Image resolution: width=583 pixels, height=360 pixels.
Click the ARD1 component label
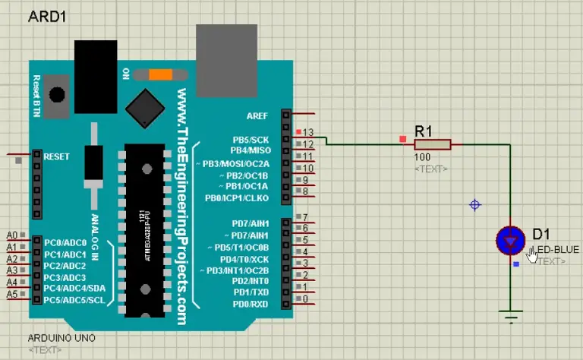(45, 17)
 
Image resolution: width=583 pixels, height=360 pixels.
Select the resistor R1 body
(432, 144)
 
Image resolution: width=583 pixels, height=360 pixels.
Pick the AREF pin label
(257, 116)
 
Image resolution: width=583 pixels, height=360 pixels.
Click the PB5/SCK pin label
(251, 140)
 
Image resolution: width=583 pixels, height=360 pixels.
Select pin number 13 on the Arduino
(308, 132)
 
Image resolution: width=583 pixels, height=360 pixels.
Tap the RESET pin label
(57, 156)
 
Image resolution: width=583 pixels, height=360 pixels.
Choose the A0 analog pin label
(11, 235)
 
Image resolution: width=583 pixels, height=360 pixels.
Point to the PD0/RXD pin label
(251, 304)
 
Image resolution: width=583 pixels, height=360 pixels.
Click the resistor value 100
(423, 157)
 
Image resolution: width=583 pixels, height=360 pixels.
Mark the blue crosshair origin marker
(475, 205)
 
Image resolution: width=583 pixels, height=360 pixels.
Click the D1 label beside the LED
(541, 233)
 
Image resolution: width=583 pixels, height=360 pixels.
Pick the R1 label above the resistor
(424, 130)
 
